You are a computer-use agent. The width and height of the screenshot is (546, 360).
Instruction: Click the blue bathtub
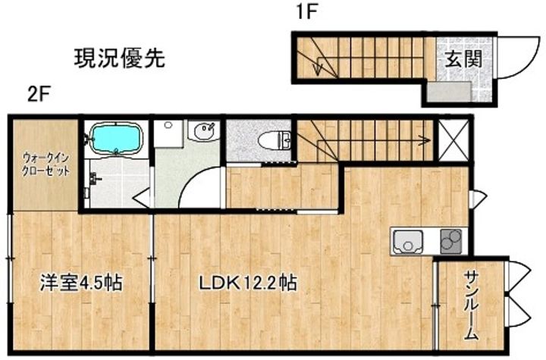[116, 138]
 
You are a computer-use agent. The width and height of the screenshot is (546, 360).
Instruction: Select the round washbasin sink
[204, 132]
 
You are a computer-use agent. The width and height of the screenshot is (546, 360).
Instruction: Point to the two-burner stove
[451, 241]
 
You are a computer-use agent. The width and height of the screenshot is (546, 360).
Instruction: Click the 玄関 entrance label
[464, 59]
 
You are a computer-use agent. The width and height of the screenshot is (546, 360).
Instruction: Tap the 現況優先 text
[120, 58]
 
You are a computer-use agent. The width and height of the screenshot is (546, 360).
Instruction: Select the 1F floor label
[306, 13]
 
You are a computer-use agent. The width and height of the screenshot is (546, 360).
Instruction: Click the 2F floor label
[39, 94]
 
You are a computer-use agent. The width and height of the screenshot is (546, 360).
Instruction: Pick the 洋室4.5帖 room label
[81, 283]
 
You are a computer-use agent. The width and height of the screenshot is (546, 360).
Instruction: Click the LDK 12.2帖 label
[248, 283]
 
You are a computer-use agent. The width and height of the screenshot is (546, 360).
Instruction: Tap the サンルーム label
[471, 305]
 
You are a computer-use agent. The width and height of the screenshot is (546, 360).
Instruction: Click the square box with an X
[453, 140]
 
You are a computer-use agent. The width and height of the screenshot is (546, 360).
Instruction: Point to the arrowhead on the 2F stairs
[426, 140]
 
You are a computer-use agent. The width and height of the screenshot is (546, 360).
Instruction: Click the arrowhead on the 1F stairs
[318, 68]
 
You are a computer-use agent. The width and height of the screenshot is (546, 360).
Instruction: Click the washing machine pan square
[168, 133]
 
